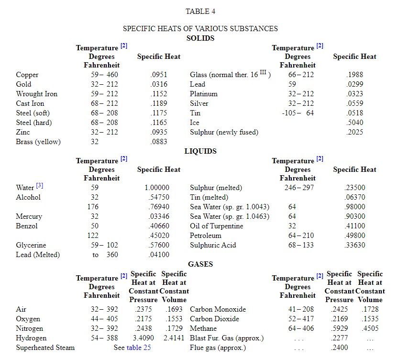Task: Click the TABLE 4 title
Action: coord(200,11)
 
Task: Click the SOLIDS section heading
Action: coord(200,38)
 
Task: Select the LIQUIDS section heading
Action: coord(200,151)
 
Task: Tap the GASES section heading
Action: coord(200,264)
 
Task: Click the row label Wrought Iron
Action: coord(36,94)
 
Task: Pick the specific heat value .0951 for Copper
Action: coord(159,75)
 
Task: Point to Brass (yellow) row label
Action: coord(38,142)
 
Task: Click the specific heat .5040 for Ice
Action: coord(354,123)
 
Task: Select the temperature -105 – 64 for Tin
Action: coord(298,113)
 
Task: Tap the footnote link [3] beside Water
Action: coord(40,186)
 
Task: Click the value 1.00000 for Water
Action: coord(157,188)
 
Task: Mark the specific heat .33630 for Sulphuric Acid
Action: coord(354,245)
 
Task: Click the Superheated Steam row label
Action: coord(45,348)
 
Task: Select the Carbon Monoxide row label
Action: coord(218,309)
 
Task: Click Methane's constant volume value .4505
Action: coord(370,328)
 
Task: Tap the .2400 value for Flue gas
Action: coord(340,348)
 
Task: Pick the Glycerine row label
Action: coord(31,245)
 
